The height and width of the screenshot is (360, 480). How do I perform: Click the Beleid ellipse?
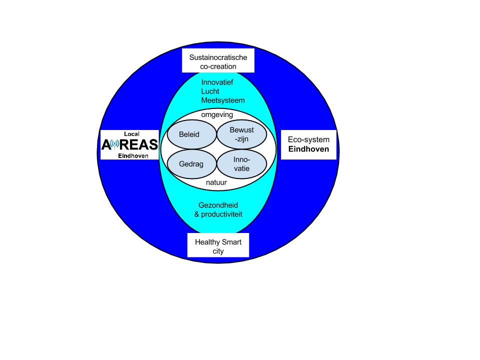coord(189,134)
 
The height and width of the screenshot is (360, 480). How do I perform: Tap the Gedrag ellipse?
coord(191,163)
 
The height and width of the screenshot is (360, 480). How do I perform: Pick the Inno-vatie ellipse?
coord(241,164)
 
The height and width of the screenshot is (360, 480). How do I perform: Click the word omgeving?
coord(217,114)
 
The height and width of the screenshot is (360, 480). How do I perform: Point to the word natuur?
coord(216,182)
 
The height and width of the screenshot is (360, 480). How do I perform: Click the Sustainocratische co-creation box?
coord(218,61)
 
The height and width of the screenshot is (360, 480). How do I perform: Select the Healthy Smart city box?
coord(218,246)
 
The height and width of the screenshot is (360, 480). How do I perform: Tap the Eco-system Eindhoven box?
coord(308,144)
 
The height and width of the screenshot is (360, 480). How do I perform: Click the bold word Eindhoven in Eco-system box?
coord(308,149)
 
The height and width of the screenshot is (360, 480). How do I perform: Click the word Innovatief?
coord(217,82)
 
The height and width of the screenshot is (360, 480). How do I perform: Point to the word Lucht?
coord(210,91)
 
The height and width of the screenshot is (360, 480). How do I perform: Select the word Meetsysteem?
coord(223,100)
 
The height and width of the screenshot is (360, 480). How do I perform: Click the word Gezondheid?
coord(218,205)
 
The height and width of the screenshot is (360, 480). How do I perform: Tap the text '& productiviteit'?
coord(218,214)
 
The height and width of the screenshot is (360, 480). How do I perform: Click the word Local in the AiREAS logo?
coord(131,134)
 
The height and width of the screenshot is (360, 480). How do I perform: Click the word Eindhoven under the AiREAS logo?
coord(133,156)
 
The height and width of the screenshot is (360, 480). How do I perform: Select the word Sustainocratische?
coord(218,57)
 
